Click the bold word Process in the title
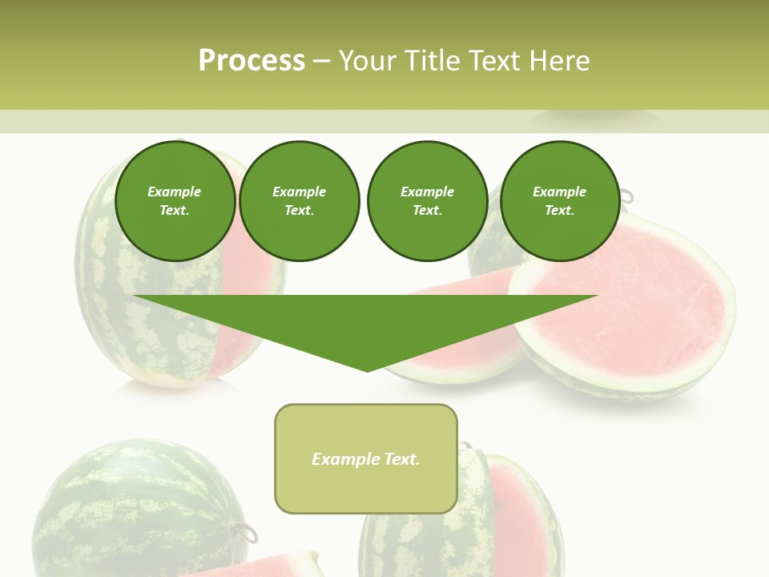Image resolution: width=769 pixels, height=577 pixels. [x=252, y=61]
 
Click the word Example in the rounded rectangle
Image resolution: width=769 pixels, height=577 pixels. [x=346, y=459]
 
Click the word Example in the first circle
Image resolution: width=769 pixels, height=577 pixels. [x=174, y=192]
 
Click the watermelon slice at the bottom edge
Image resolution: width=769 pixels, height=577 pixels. [x=256, y=564]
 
